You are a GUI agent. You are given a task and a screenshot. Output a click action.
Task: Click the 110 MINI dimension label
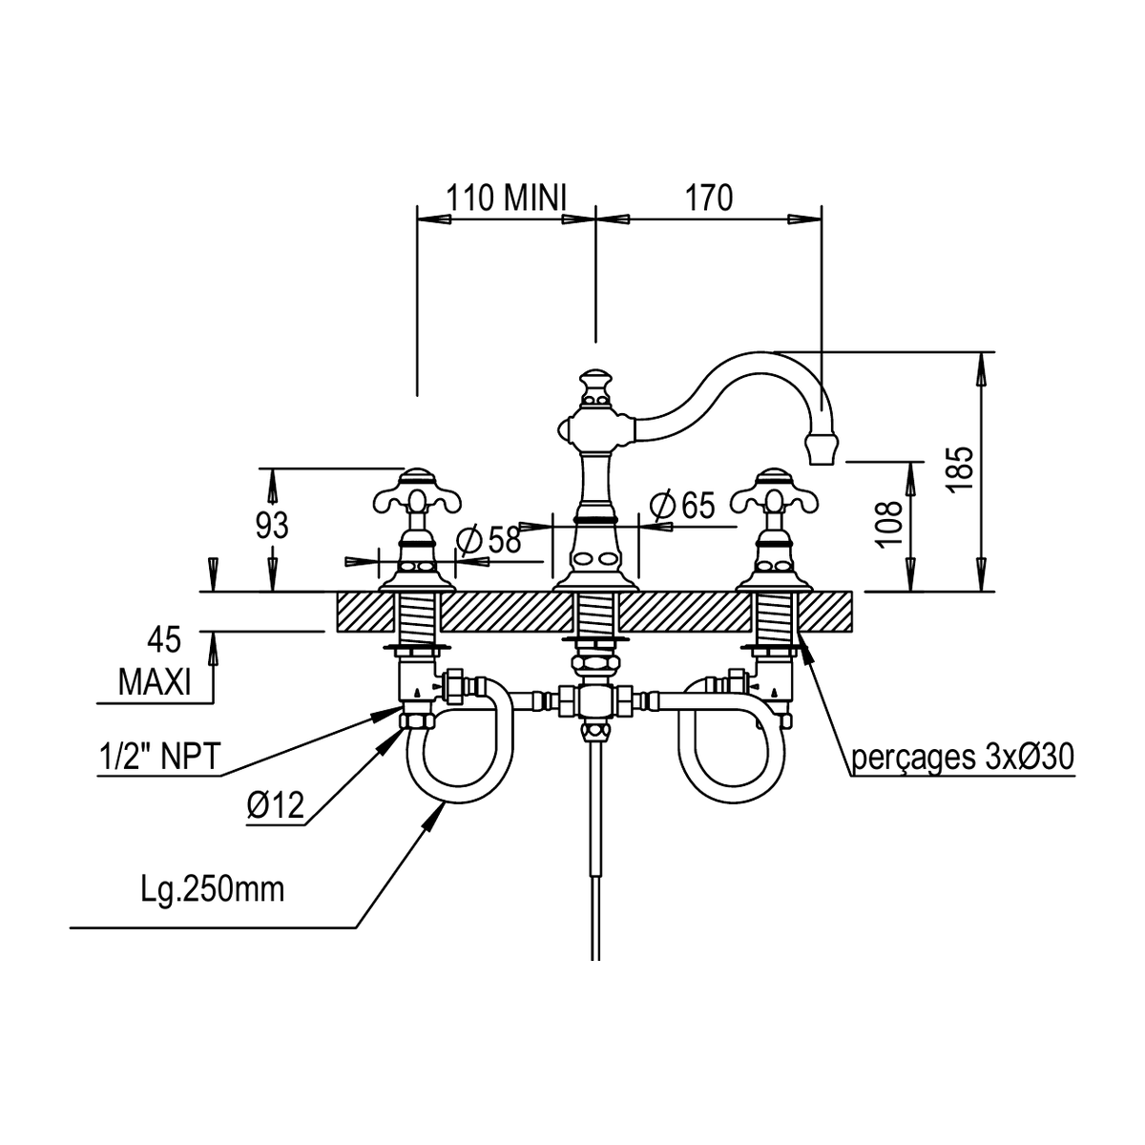coord(507,198)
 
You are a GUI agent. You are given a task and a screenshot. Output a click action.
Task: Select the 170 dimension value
coord(709,198)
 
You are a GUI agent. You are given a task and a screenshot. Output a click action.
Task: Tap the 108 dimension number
coord(889,523)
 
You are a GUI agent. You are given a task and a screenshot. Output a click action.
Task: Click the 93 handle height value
coord(272,525)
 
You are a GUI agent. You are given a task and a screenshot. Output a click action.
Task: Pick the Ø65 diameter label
coord(682,505)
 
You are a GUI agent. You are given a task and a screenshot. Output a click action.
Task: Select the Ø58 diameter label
coord(489,539)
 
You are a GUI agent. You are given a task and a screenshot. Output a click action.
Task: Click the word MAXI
coord(155,683)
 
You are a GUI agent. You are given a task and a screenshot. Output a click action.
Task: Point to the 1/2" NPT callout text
coord(158,757)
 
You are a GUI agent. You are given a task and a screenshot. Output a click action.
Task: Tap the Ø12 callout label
coord(276,805)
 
